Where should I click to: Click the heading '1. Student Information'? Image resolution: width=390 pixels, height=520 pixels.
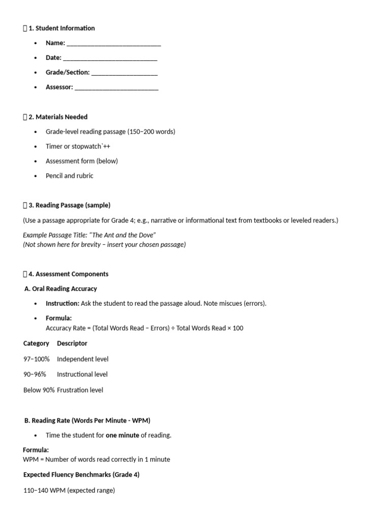pos(61,28)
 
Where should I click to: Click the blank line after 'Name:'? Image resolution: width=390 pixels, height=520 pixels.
pos(114,44)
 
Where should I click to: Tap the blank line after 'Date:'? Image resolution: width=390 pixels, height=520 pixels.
pos(110,58)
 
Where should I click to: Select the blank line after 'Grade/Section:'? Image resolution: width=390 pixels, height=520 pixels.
pos(124,73)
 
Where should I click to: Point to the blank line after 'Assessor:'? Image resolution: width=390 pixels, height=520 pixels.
pos(116,88)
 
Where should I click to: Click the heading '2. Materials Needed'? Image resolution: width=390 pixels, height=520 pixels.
pos(58,117)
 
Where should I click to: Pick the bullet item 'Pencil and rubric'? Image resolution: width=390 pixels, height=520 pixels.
pos(70,176)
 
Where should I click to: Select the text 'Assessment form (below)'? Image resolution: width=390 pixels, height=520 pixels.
pos(82,161)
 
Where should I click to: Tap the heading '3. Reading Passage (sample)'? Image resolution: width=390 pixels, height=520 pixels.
pos(69,205)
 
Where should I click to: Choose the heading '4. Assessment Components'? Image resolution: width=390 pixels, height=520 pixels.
pos(68,274)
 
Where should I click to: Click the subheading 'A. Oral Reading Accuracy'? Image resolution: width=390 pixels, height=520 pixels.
pos(61,288)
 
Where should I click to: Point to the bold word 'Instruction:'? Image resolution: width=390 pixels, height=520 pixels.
pos(62,303)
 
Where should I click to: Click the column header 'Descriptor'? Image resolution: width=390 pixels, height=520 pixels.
pos(72,343)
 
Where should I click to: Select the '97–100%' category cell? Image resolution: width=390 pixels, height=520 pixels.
pos(37,359)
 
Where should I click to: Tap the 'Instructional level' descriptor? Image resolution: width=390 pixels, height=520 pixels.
pos(82,374)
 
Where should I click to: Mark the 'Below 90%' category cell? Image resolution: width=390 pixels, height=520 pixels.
pos(39,390)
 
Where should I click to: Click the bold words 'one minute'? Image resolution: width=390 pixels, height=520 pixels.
pos(122,435)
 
